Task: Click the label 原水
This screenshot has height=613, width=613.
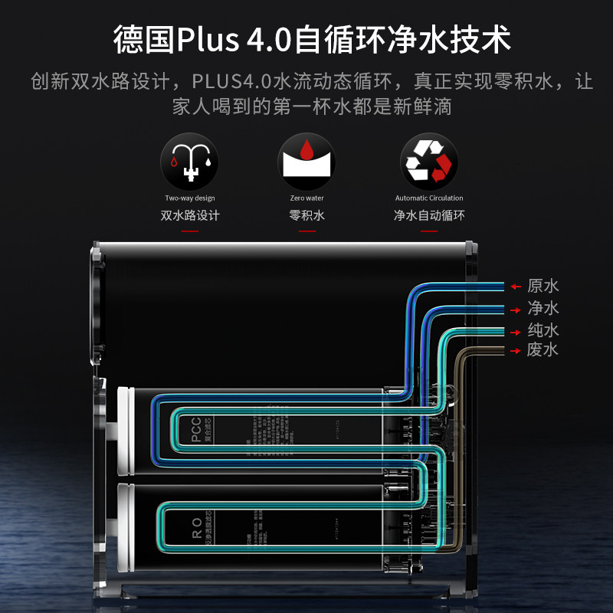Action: (x=543, y=287)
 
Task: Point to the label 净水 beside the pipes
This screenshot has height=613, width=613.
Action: (x=543, y=309)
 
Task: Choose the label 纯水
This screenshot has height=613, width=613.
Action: (x=543, y=331)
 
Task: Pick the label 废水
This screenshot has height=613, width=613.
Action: (x=543, y=350)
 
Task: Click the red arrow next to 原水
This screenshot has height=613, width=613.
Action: (x=516, y=287)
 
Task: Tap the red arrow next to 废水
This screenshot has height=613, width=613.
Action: (x=516, y=351)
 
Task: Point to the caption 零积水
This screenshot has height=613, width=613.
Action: (x=306, y=215)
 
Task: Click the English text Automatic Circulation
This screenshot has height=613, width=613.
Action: (x=429, y=198)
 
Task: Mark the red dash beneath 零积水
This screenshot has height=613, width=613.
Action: (x=306, y=230)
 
